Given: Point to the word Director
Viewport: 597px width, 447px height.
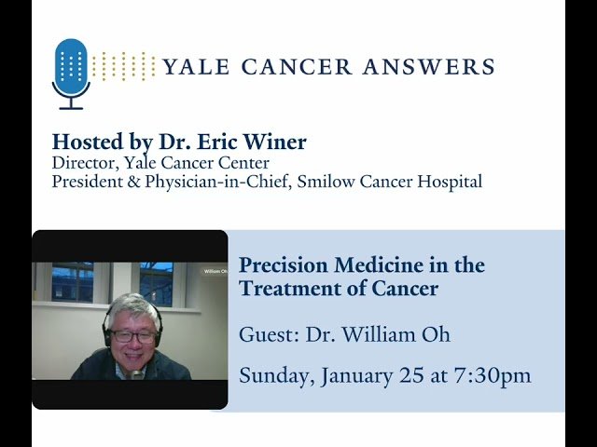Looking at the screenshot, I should click(x=82, y=163).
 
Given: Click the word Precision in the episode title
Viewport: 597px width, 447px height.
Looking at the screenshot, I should click(x=279, y=264).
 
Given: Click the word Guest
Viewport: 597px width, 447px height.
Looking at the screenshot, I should click(x=266, y=335).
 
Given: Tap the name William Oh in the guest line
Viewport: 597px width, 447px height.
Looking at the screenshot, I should click(x=385, y=335).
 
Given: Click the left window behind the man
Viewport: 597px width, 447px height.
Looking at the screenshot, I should click(x=73, y=283).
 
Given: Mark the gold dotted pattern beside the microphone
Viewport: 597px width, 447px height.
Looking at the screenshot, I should click(x=124, y=66).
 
